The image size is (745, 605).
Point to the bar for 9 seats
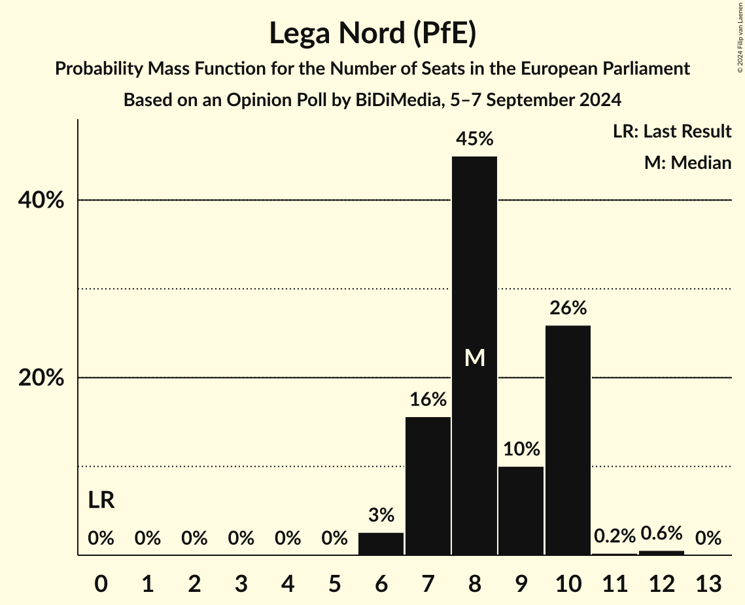(x=521, y=511)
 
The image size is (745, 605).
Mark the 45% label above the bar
(x=475, y=139)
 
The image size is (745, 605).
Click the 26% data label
(x=568, y=308)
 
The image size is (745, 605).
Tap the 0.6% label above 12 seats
(x=661, y=534)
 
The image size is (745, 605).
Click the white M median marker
(x=475, y=357)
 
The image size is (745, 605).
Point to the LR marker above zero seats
(x=101, y=501)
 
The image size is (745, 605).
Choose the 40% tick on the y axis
(x=41, y=200)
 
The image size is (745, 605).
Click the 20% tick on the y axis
(x=41, y=378)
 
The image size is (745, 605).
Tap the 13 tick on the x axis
(x=708, y=582)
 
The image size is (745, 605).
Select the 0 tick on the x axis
(x=101, y=582)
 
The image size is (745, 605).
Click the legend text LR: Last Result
(x=672, y=132)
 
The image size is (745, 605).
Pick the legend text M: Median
(x=687, y=162)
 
